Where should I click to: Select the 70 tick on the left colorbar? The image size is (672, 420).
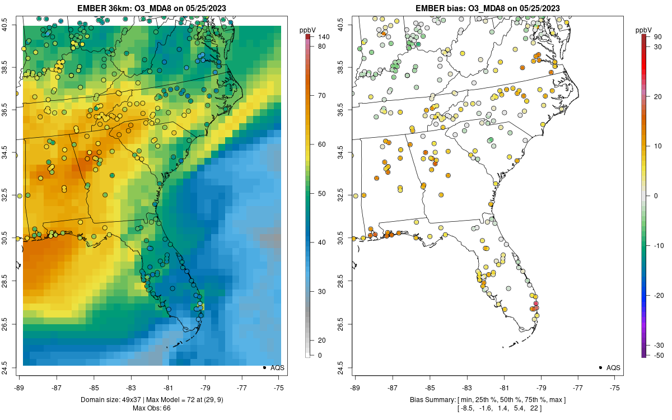pos(322,95)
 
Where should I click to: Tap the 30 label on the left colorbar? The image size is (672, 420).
pos(322,291)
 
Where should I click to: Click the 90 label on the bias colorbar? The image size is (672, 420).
pos(659,37)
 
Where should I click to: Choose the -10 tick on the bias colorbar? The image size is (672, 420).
pos(659,245)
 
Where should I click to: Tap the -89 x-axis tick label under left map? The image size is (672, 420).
pos(20,387)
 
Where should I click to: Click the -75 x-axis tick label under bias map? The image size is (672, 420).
pos(615,387)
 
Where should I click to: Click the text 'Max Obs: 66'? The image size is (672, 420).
pos(152,408)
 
